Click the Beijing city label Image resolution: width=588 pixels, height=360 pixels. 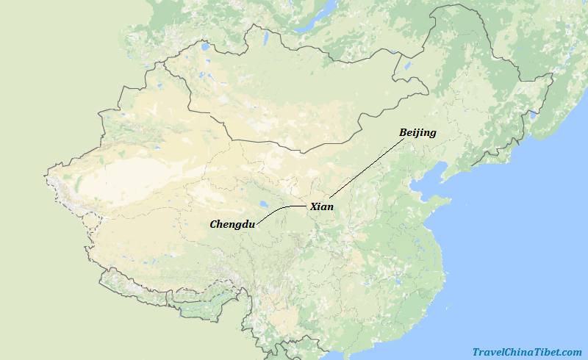coord(417,133)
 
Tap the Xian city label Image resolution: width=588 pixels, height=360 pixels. coord(322,206)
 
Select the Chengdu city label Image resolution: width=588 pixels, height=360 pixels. coord(232,224)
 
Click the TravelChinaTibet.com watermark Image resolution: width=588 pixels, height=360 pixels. coord(527,352)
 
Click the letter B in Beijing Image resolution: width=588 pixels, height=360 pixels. coord(403,133)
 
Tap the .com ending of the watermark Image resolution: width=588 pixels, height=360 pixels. coord(571,352)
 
